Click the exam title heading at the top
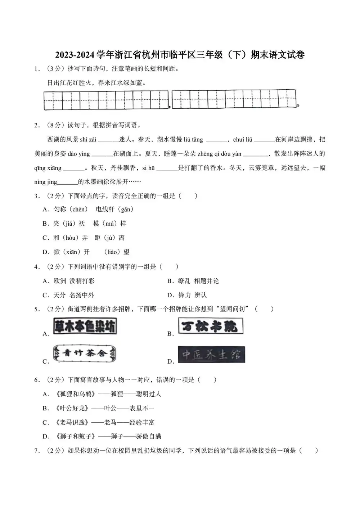(x=180, y=55)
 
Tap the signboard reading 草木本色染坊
(x=85, y=326)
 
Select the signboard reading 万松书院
(x=210, y=326)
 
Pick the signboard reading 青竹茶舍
(x=85, y=353)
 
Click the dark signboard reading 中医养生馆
(x=211, y=355)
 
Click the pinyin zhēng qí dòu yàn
(x=219, y=154)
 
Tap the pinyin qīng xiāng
(x=48, y=168)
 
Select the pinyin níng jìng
(x=46, y=182)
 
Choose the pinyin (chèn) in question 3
(x=78, y=210)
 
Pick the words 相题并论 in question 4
(x=206, y=281)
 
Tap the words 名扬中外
(x=82, y=295)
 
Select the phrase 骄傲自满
(x=149, y=436)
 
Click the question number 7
(x=36, y=451)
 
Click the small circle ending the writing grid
(x=298, y=105)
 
